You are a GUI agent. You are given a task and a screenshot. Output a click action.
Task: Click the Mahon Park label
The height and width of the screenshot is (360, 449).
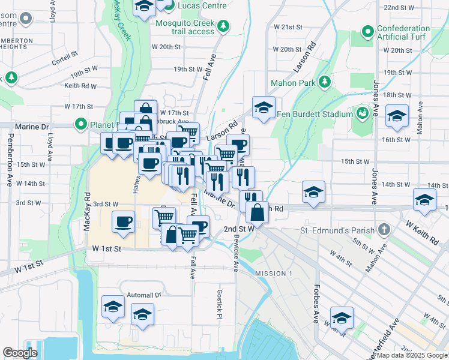(292, 82)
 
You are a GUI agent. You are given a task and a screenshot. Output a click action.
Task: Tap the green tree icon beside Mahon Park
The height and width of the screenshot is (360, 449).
(325, 82)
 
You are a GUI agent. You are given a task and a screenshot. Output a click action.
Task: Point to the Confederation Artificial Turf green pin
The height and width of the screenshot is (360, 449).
(367, 32)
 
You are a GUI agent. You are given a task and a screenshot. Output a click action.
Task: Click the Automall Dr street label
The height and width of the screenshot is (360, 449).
(144, 295)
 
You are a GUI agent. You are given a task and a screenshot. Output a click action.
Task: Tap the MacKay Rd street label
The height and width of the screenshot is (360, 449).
(88, 212)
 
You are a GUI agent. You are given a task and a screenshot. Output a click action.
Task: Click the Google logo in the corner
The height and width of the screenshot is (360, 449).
(20, 352)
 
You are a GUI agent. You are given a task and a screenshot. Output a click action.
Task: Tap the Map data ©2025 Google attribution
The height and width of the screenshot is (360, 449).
(411, 355)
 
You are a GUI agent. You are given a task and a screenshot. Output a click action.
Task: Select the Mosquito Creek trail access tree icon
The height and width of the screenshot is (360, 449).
(223, 25)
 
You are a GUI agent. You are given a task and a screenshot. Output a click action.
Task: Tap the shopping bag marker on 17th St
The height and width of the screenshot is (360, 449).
(145, 110)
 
